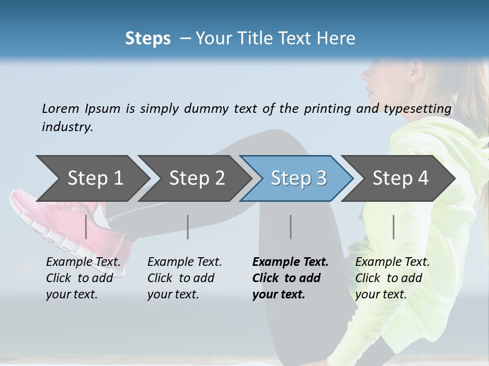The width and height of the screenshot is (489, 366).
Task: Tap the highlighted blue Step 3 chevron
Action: coord(298,178)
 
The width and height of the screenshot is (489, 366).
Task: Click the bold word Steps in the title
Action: coord(148,39)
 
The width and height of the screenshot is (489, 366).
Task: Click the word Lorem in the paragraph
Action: coord(60,108)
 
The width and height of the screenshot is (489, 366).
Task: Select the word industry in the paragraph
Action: coord(67,127)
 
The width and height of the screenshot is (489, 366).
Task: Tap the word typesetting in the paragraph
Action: coord(420,108)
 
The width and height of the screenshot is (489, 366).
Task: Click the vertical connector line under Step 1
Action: coord(86,227)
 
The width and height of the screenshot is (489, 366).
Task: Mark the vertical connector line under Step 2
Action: coord(188,227)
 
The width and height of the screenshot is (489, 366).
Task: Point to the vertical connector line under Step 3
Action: coord(290,227)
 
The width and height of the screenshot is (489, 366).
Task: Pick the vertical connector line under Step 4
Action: coord(393,227)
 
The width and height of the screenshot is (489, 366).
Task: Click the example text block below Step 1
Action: coord(83,278)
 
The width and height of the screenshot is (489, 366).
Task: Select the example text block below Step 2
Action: coord(184,278)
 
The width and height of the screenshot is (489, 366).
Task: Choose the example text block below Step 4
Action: coord(392,278)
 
